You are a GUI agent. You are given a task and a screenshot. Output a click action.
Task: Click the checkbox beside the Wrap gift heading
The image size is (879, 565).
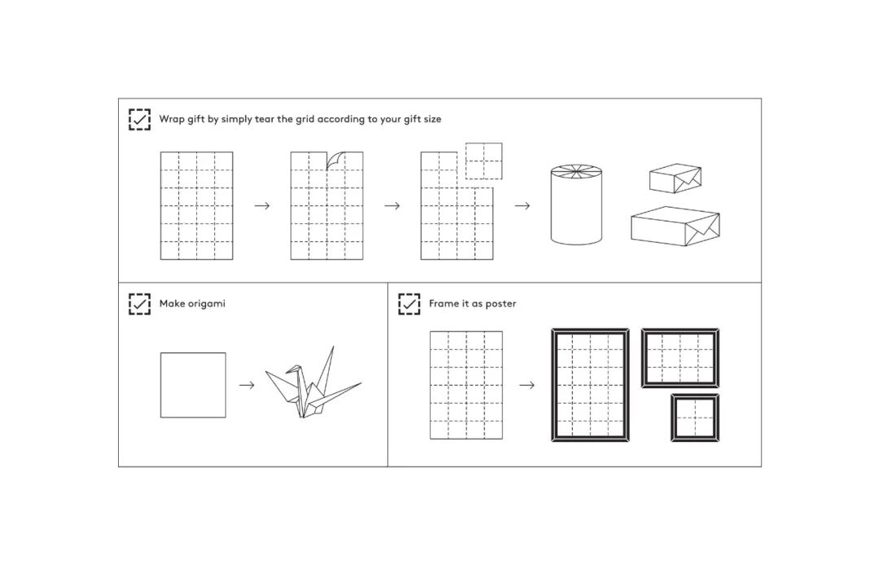click(139, 119)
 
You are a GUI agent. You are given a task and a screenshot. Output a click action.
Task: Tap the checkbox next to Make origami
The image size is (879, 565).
click(139, 304)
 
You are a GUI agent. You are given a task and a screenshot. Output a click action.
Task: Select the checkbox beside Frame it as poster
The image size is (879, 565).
click(409, 304)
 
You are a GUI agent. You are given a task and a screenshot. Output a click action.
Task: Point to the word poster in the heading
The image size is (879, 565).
click(500, 304)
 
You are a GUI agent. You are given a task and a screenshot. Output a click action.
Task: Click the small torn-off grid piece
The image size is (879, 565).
click(483, 160)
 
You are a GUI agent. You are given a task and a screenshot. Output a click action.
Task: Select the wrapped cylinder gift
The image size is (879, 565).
click(576, 204)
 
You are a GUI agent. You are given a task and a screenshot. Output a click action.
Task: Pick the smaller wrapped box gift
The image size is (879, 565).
click(675, 179)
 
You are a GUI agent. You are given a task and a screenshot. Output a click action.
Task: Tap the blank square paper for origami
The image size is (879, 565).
click(193, 385)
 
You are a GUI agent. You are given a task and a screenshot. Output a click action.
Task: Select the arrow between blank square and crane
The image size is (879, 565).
click(246, 385)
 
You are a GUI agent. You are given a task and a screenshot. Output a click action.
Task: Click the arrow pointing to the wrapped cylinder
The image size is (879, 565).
click(523, 205)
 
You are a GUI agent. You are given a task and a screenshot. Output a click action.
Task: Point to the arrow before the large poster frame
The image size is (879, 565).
click(527, 385)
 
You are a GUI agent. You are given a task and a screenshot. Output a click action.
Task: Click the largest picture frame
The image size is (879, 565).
click(590, 385)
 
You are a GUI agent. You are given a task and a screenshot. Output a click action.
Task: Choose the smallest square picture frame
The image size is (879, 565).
click(695, 418)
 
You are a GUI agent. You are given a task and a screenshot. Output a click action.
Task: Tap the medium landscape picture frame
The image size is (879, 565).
click(680, 358)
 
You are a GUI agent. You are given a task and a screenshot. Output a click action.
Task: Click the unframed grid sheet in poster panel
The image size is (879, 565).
click(466, 385)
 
